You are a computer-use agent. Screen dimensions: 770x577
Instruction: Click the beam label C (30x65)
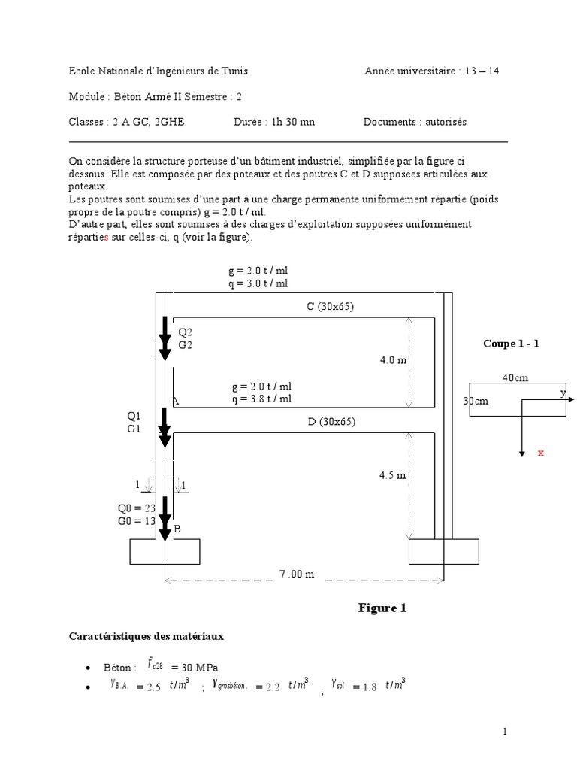pos(330,307)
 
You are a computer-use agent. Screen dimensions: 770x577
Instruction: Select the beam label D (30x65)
pos(331,422)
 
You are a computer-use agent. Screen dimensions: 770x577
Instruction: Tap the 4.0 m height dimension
pos(393,360)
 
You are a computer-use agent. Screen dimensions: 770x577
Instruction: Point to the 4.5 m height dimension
pos(393,475)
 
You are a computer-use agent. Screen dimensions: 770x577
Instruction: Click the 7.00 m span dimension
pos(296,574)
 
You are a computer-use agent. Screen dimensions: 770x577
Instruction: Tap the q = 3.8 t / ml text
pos(261,399)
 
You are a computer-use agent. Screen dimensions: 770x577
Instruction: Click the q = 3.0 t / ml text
pos(258,283)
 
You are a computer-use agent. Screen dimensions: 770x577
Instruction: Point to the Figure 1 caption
pos(382,608)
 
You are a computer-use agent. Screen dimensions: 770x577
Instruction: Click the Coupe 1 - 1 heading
pos(511,344)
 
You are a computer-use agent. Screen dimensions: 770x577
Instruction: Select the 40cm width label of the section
pos(515,378)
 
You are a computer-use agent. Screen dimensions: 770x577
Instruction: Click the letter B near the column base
pos(177,529)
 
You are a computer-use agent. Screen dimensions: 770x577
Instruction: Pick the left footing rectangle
pos(165,551)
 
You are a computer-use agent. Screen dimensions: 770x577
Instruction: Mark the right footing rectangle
pos(443,551)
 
